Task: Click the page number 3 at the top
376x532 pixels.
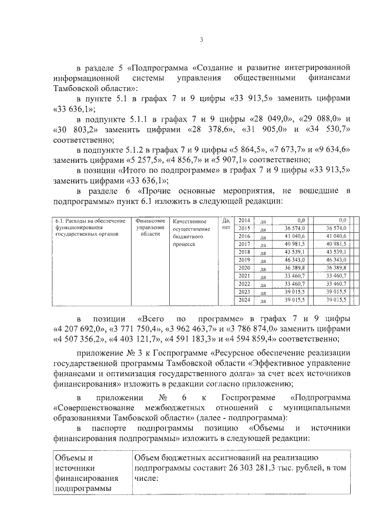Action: (x=200, y=40)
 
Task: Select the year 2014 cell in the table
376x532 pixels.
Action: (x=244, y=220)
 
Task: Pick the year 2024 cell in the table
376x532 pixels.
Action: (x=244, y=299)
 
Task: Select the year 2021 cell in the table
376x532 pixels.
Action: (x=244, y=275)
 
